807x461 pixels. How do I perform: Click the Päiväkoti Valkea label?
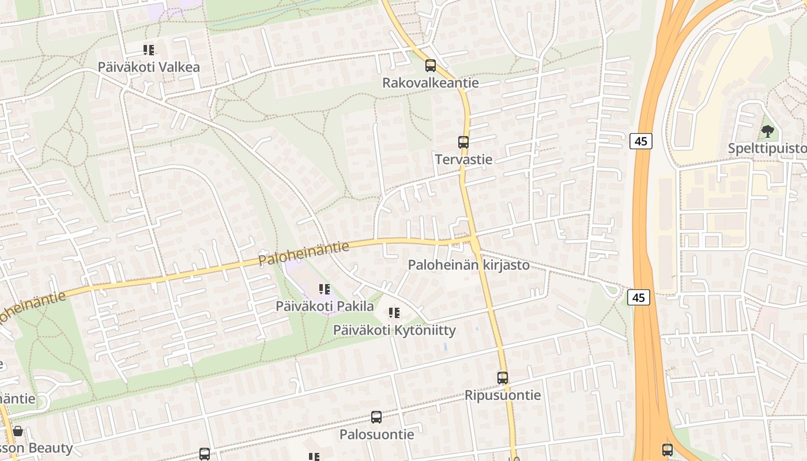(149, 67)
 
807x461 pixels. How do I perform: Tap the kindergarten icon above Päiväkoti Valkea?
(149, 51)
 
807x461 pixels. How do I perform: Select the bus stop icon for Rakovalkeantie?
(431, 66)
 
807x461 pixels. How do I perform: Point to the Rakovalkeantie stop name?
(431, 83)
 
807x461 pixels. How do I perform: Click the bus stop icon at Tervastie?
(463, 142)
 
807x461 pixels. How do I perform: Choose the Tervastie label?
(463, 160)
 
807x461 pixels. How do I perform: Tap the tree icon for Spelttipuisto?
(767, 132)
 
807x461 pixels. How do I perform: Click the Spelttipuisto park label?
(767, 149)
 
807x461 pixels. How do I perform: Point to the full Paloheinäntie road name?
(304, 254)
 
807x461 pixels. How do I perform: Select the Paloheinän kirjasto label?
(469, 265)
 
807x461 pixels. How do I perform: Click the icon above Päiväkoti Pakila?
(325, 289)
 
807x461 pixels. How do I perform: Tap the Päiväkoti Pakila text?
(325, 306)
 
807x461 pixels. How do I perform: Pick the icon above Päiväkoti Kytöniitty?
(394, 313)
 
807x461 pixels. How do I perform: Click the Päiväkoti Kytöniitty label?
(394, 331)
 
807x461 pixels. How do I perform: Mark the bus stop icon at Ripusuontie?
(503, 378)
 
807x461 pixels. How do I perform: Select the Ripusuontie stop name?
(503, 395)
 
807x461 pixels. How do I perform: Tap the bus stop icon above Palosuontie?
(376, 417)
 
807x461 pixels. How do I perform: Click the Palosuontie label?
(376, 434)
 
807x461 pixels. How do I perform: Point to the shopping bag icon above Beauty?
(18, 432)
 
